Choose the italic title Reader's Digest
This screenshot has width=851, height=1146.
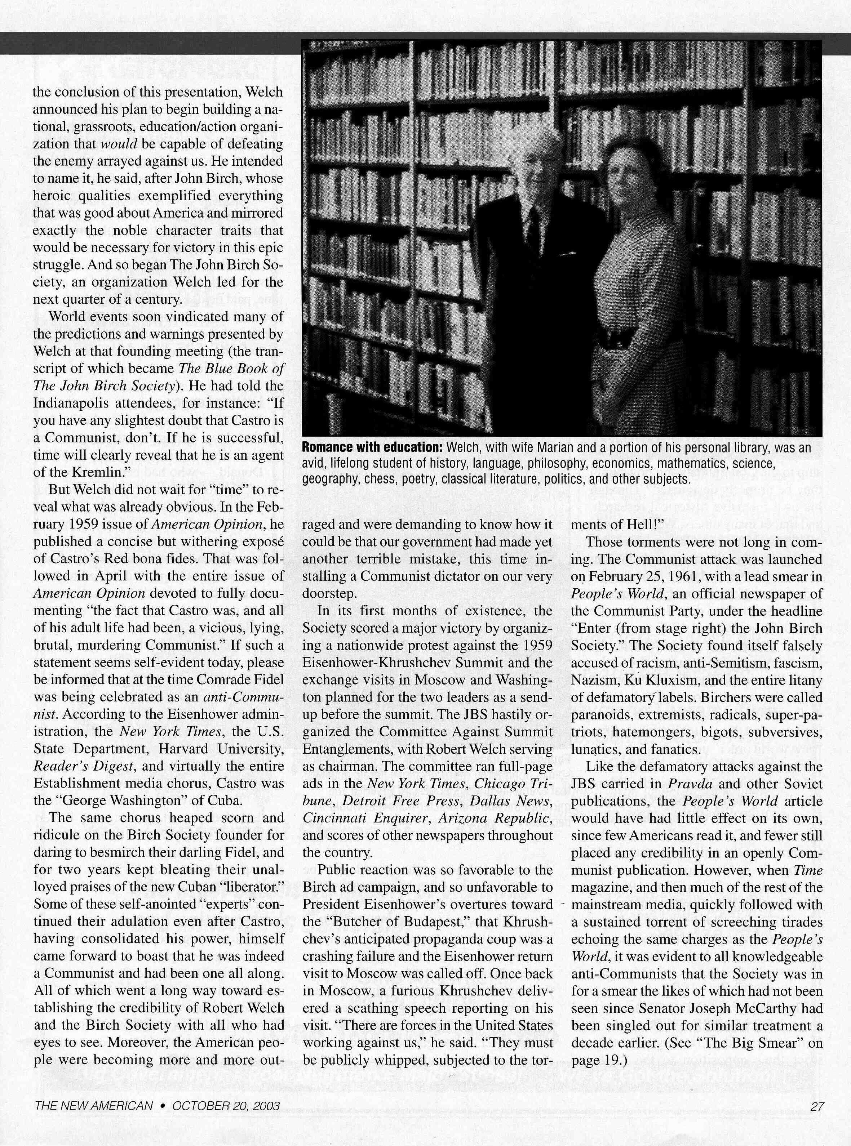pos(84,766)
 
